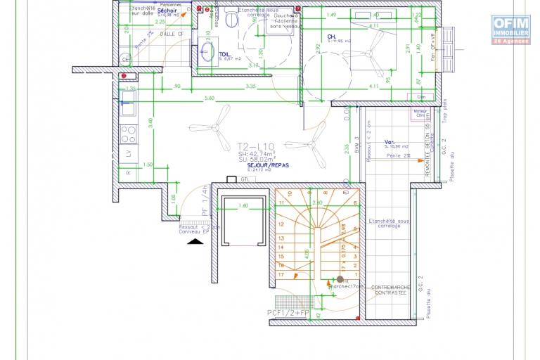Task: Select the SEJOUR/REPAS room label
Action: tap(257, 165)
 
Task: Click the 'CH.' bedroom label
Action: tap(331, 37)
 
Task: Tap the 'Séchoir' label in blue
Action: tap(167, 11)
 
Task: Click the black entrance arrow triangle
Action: tap(195, 241)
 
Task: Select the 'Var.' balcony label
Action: tap(390, 141)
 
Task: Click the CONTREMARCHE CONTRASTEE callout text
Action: tap(388, 290)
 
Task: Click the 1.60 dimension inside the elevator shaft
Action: tap(243, 205)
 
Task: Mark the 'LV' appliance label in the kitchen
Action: tap(128, 153)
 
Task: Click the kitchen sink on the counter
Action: tap(129, 107)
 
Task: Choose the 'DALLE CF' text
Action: tap(171, 33)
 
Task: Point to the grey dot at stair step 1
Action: tap(340, 279)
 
